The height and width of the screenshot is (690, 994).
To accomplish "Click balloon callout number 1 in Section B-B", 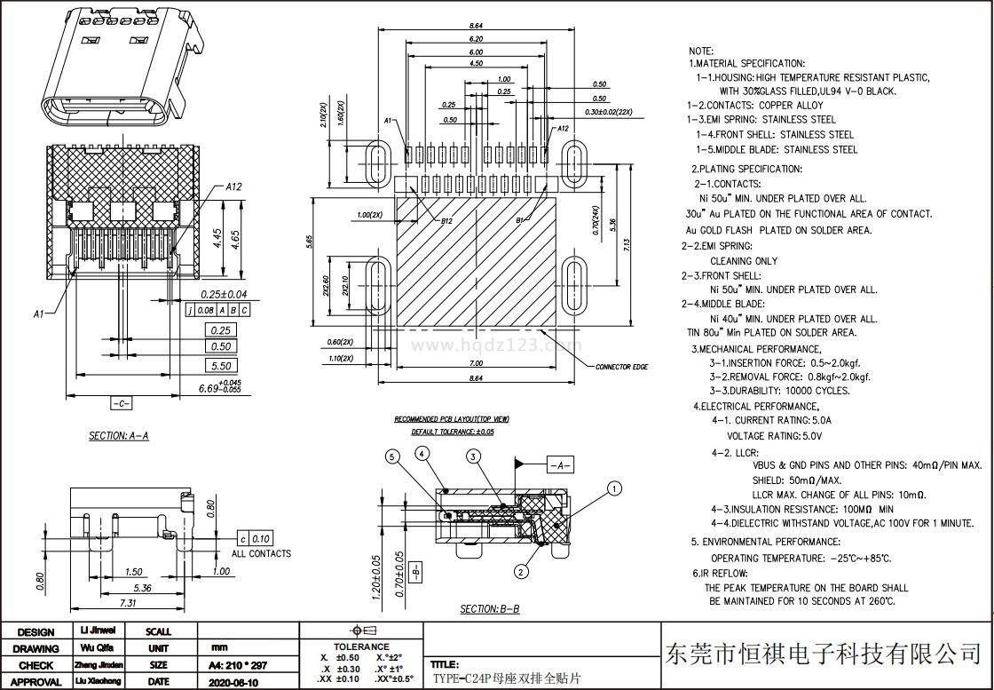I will point(614,488).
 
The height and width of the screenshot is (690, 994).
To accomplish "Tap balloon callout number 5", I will point(392,457).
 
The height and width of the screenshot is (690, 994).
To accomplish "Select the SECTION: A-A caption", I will point(119,436).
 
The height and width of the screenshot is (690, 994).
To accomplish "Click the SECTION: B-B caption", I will point(489,609).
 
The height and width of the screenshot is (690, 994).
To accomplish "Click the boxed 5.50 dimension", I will point(220,365).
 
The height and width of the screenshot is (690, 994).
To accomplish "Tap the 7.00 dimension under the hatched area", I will point(476,363).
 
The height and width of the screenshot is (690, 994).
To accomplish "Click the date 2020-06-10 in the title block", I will point(233,681).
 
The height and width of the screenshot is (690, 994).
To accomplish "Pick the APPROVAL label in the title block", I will point(35,681).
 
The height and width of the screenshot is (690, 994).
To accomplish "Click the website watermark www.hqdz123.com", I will point(497,345).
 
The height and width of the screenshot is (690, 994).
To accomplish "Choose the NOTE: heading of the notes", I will point(701,52).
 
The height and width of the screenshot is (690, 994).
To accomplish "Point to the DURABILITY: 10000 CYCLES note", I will point(779,391).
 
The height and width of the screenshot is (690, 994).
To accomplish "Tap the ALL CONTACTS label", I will point(261,553).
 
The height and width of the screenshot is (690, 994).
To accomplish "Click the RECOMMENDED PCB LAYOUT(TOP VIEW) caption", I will point(452,418).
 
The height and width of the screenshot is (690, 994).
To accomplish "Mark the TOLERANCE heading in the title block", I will point(361,646).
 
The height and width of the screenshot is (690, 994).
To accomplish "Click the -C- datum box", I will point(122,403).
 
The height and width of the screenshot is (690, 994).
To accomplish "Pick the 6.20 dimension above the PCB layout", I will point(477,39).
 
